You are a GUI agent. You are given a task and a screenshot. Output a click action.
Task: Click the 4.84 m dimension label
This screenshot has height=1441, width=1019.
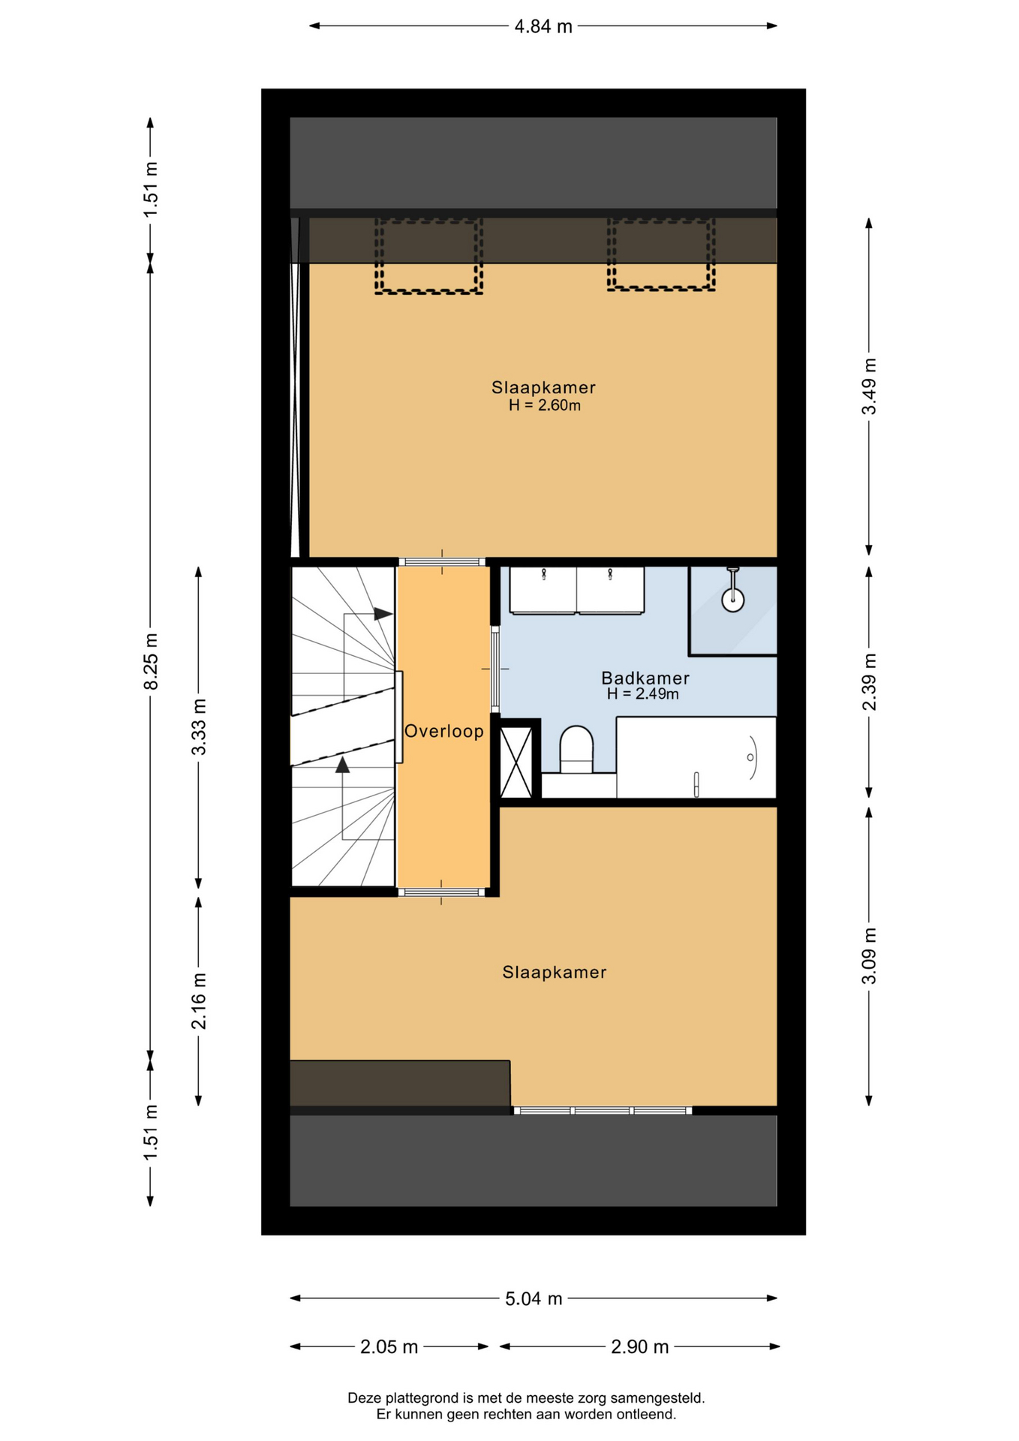coord(543,27)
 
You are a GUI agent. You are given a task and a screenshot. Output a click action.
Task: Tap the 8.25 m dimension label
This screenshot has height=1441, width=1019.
coord(152,661)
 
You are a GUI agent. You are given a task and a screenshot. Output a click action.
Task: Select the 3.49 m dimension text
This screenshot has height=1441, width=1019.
coord(869,387)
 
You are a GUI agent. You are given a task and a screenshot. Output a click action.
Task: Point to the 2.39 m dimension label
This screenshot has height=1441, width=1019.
coord(869,682)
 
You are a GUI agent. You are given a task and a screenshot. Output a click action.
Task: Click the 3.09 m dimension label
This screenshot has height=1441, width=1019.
coord(869,956)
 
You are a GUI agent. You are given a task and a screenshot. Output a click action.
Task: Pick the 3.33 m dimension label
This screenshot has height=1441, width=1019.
coord(199,727)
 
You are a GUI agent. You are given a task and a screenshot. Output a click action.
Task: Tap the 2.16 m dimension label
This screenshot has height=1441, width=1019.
coord(199,1001)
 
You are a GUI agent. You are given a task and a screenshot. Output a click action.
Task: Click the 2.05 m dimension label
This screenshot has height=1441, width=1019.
coord(389,1347)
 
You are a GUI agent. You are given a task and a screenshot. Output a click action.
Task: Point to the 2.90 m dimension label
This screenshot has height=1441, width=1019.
coord(639,1347)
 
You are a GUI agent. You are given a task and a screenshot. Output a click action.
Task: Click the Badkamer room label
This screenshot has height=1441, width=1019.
coord(645,678)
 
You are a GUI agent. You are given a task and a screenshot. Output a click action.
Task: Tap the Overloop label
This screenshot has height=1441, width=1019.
coord(444,731)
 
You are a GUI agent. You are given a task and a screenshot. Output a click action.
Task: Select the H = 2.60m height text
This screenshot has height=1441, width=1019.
coord(545,406)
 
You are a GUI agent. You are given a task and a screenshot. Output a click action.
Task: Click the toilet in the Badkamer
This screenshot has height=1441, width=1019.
coord(576,749)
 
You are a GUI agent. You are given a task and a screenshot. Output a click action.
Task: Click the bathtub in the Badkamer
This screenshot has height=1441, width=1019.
coord(696,757)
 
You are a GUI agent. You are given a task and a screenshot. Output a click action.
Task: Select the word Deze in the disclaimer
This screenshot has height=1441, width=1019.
coord(363,1398)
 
